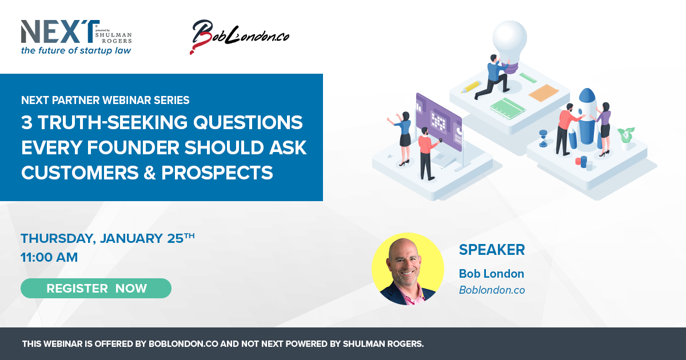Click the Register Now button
point(96,288)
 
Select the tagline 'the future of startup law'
point(76,50)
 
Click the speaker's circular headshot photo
point(408,269)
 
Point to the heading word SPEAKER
point(492,250)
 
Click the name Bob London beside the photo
point(492,274)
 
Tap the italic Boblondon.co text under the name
point(492,290)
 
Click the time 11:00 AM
point(49,257)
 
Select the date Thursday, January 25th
point(107,238)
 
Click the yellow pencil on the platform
point(471,87)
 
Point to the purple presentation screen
point(439,122)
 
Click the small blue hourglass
point(543,138)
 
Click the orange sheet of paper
point(544,93)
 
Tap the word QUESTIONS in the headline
point(248,122)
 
